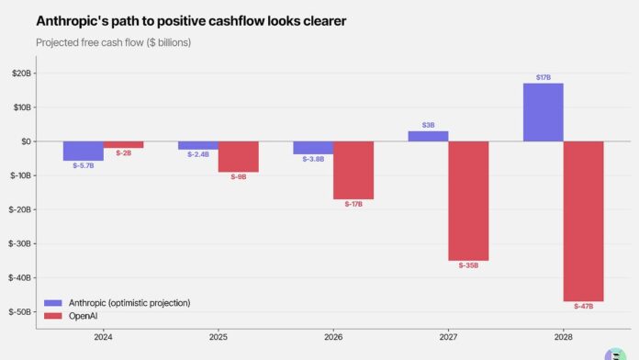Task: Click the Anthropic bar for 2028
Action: tap(543, 112)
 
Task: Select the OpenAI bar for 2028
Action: tap(583, 221)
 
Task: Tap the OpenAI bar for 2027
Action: tap(468, 201)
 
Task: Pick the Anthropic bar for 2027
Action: tap(428, 136)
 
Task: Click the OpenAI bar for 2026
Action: tap(353, 170)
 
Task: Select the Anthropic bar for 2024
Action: tap(83, 151)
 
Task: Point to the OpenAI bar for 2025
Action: tap(238, 157)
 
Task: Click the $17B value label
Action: tap(543, 77)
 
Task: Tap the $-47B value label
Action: tap(583, 306)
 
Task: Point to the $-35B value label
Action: tap(468, 265)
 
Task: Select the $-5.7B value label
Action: tap(83, 165)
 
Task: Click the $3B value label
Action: tap(428, 125)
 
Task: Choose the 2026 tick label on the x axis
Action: tap(333, 339)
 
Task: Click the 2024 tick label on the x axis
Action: tap(103, 339)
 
